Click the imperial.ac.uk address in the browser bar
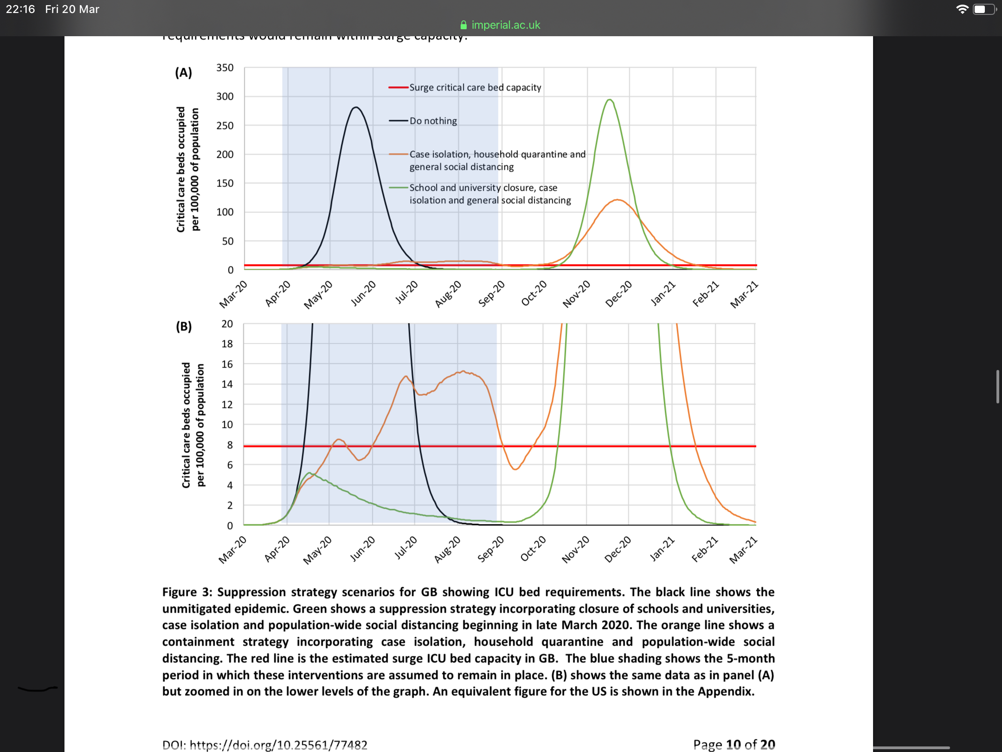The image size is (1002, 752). click(506, 25)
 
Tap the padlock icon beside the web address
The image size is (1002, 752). click(463, 25)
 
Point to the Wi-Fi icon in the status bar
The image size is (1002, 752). click(962, 9)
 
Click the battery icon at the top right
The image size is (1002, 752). click(982, 9)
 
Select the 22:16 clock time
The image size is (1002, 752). click(20, 9)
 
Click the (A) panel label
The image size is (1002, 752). click(183, 72)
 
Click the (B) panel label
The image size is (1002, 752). click(184, 326)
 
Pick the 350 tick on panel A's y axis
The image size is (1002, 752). click(225, 68)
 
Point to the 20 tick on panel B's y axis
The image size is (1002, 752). click(227, 324)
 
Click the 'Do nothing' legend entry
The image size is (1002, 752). click(433, 121)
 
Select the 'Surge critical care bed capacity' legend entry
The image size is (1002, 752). click(475, 88)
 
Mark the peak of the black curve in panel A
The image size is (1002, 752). click(356, 107)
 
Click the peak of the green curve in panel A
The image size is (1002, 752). click(610, 100)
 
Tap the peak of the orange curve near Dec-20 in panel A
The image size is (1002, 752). click(617, 200)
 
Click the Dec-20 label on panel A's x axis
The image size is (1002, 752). click(619, 293)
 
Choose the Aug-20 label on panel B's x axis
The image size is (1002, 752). click(447, 549)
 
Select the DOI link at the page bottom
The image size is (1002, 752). click(264, 745)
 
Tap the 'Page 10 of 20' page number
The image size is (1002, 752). click(734, 745)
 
